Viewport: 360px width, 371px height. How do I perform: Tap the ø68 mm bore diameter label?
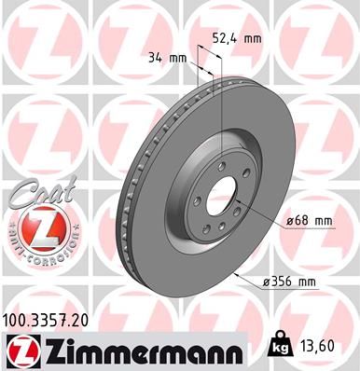(307, 220)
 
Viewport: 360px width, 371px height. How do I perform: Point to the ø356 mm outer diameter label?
(307, 281)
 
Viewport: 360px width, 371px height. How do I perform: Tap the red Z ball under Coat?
(36, 227)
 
